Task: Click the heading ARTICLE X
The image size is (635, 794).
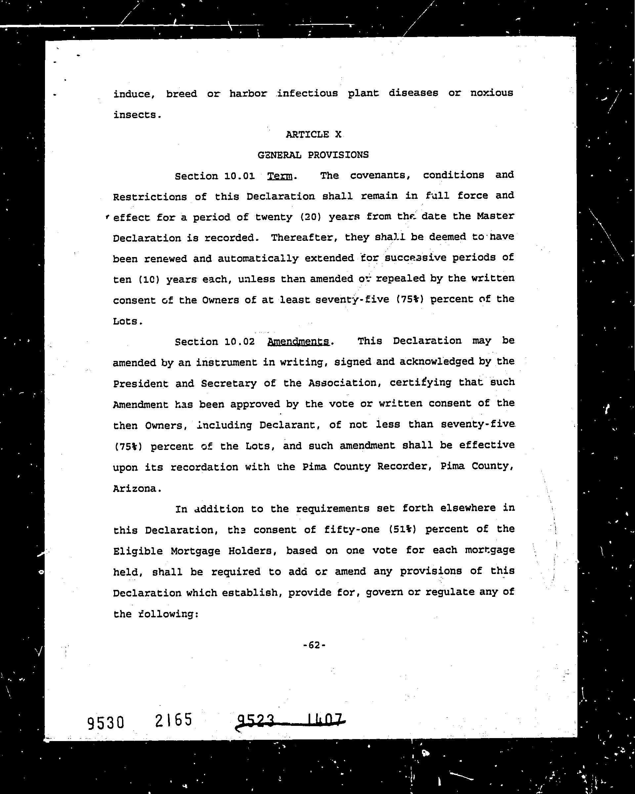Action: point(313,134)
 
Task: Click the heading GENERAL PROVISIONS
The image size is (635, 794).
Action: point(313,155)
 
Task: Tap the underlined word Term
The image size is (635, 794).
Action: point(280,176)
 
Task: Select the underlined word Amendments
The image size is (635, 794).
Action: point(298,342)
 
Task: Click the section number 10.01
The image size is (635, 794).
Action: point(239,176)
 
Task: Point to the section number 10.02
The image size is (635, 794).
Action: point(239,342)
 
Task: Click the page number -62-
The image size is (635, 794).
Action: point(314,645)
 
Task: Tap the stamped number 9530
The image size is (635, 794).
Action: point(106,723)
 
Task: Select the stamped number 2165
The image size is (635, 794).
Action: point(173,720)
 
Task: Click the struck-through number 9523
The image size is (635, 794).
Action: point(256,720)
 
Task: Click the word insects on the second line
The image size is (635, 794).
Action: point(135,115)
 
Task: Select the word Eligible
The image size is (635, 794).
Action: point(138,551)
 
